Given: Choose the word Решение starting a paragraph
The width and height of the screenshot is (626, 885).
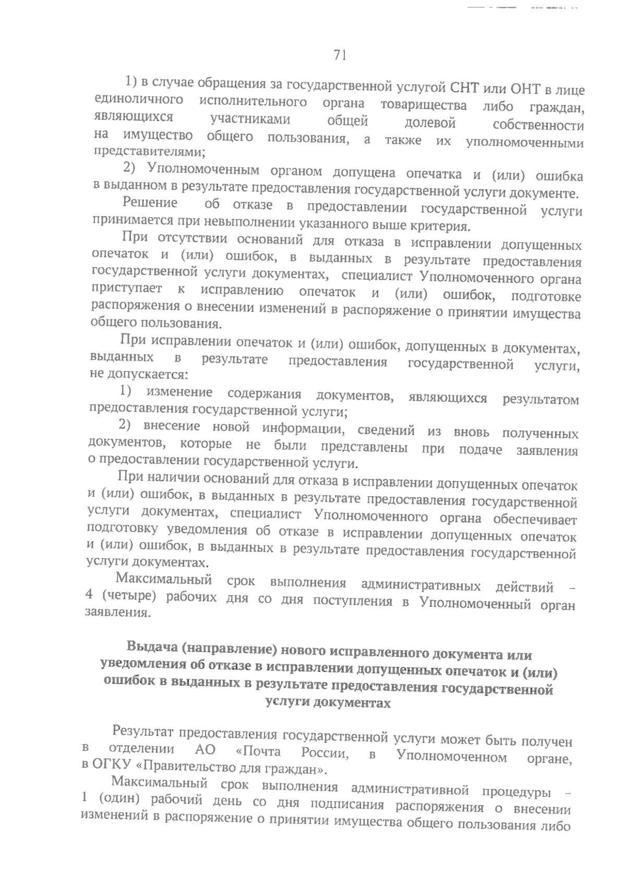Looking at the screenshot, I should point(150,202).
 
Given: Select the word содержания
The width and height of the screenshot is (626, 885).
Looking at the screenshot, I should point(264,393).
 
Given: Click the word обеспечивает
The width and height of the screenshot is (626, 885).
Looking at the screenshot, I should point(537,520).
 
